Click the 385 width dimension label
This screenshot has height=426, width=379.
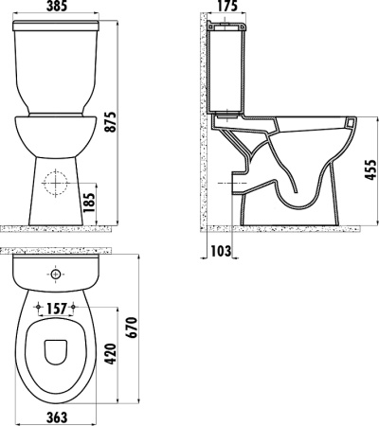(57, 6)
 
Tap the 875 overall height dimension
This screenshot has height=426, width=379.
(111, 121)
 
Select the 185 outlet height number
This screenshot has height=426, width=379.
(89, 203)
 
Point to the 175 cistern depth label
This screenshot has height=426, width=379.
(226, 6)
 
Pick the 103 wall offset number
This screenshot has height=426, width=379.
(221, 251)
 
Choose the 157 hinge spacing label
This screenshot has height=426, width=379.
(57, 310)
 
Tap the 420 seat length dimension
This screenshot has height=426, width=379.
(111, 353)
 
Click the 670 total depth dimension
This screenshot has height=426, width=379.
(132, 328)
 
